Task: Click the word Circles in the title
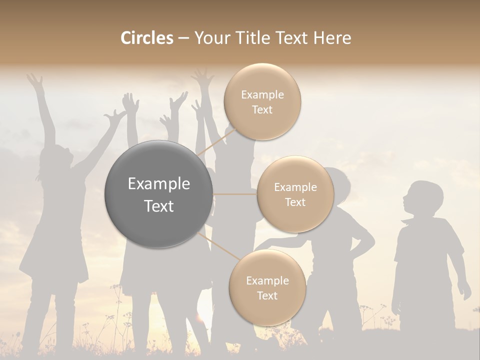tap(147, 38)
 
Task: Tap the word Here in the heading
tap(332, 38)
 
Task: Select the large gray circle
tap(158, 194)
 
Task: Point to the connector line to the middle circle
tap(235, 194)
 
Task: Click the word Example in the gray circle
tap(158, 184)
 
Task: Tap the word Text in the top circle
tap(262, 110)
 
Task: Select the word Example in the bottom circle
tap(267, 281)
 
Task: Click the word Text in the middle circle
tap(295, 202)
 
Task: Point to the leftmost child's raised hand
tap(34, 80)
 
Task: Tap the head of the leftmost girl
tap(55, 160)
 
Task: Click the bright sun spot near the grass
tap(200, 317)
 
